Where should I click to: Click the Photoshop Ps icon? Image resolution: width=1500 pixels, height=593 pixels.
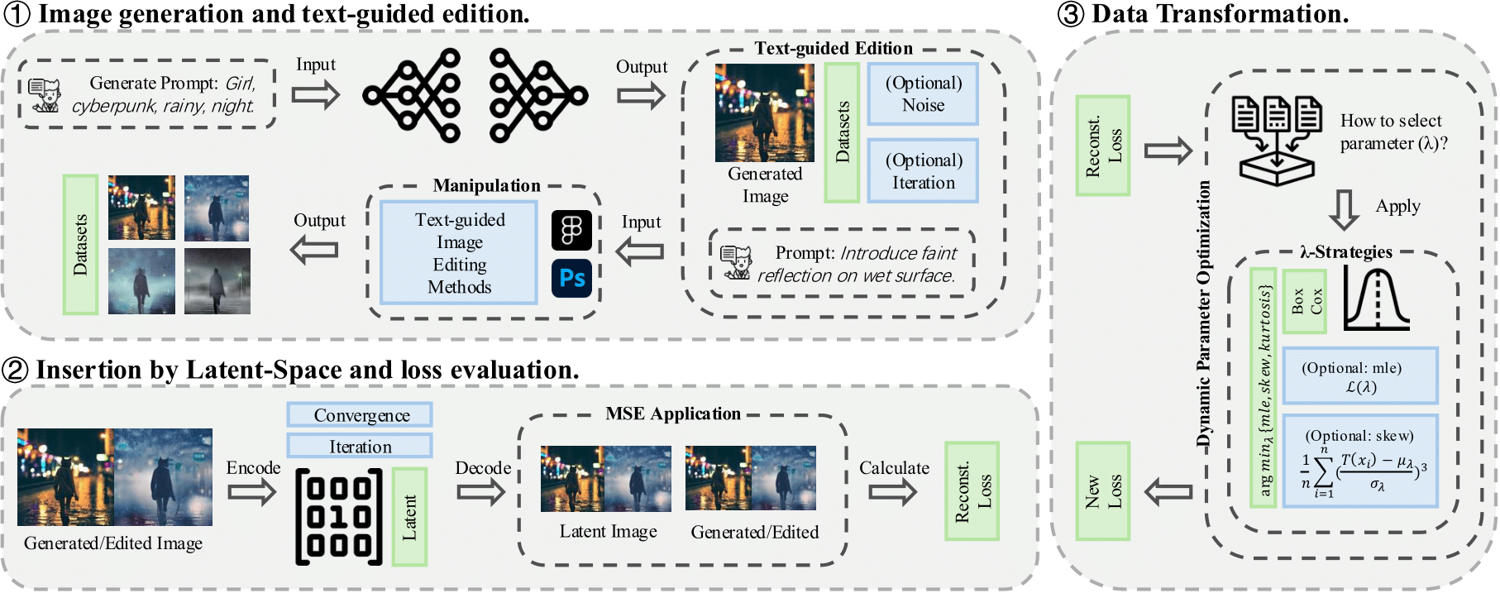(x=572, y=278)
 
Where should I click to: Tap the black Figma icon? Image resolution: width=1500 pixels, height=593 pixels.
(x=572, y=230)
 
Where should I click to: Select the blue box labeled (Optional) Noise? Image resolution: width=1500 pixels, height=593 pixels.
(x=923, y=94)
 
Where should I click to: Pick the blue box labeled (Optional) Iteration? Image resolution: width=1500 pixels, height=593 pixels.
(x=923, y=171)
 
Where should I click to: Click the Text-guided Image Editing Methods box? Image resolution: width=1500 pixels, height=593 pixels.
(x=459, y=253)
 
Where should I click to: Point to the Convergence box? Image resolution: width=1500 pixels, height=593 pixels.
(x=360, y=415)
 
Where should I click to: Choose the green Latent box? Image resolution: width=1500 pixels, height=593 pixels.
(x=409, y=517)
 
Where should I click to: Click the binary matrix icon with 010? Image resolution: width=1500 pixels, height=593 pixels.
(x=339, y=517)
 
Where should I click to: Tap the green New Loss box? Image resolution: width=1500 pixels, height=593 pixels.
(x=1103, y=491)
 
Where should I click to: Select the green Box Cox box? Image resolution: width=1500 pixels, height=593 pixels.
(x=1305, y=301)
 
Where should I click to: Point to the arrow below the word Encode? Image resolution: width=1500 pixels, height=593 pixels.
(x=251, y=493)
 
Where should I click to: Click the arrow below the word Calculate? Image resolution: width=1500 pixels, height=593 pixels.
(x=893, y=493)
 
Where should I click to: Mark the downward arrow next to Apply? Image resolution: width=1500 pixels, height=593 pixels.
(x=1344, y=210)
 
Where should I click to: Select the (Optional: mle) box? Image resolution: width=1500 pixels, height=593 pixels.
(x=1359, y=376)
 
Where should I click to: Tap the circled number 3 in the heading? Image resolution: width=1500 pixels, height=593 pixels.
(x=1071, y=14)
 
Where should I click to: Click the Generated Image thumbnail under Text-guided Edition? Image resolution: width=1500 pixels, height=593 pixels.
(x=764, y=113)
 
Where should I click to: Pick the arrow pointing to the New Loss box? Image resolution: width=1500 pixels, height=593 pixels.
(x=1168, y=493)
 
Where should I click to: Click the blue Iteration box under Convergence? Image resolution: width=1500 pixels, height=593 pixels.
(x=360, y=447)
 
